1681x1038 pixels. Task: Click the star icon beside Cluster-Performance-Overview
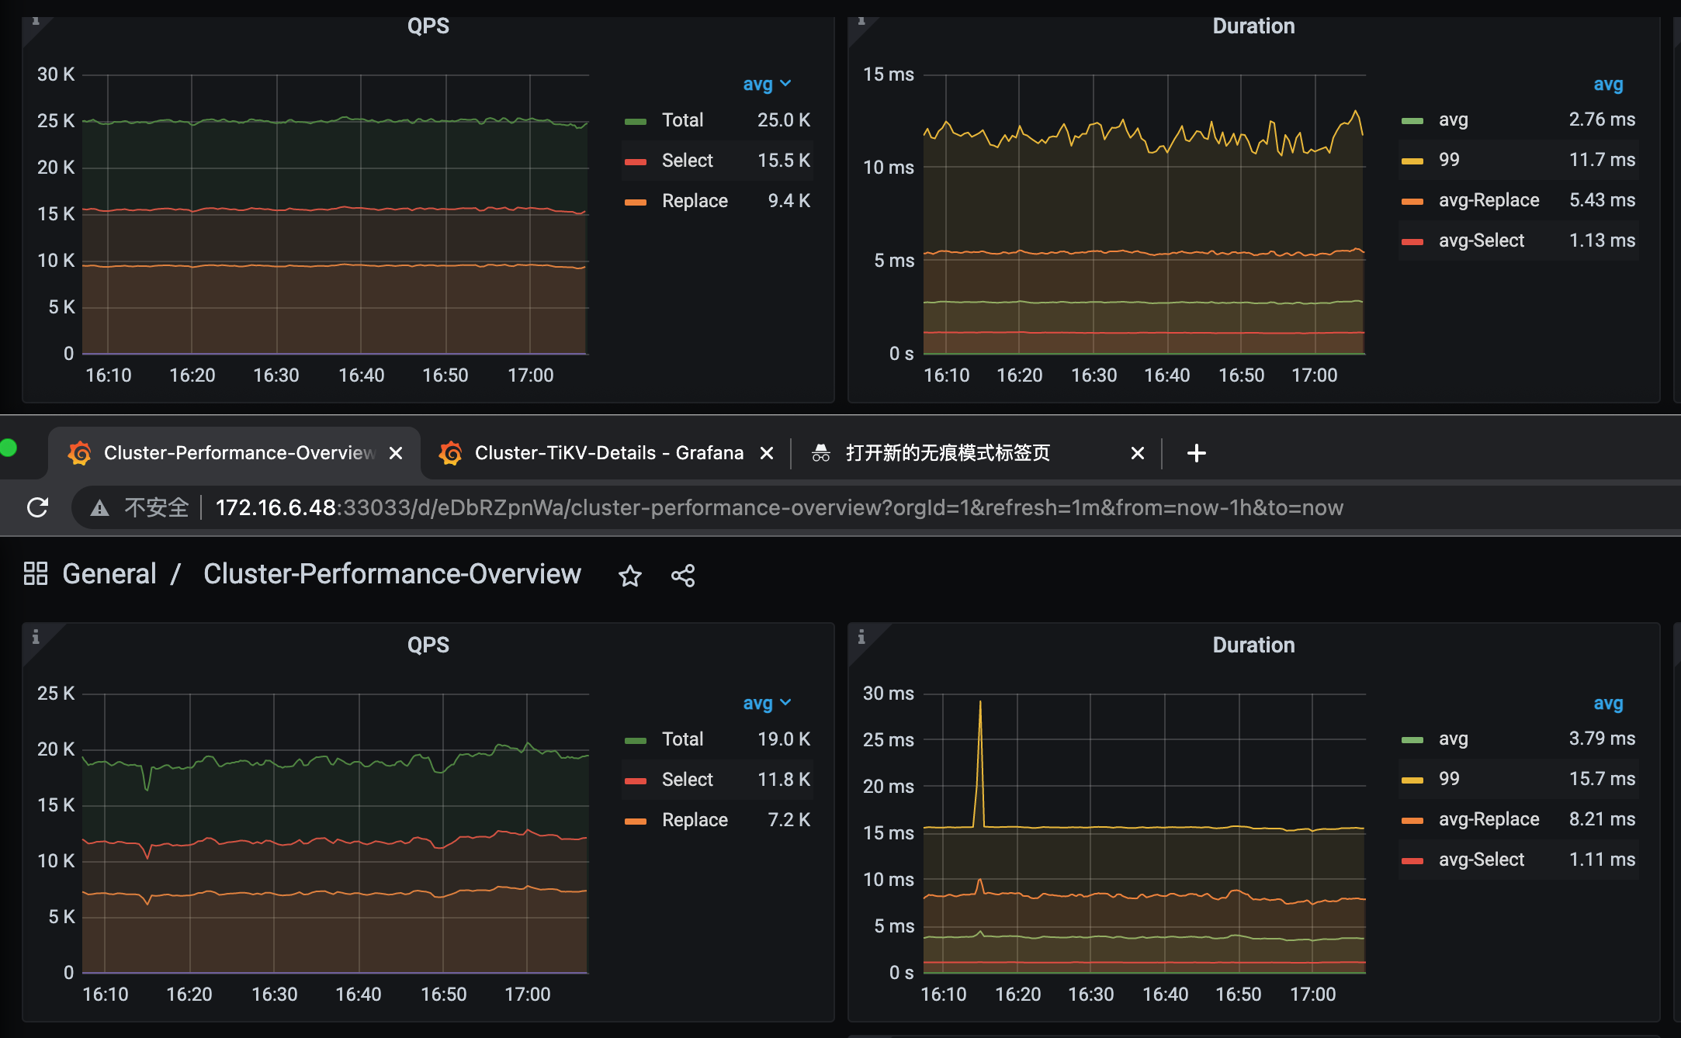(629, 576)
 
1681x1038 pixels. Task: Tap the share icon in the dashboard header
(683, 576)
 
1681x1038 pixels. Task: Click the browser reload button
(37, 507)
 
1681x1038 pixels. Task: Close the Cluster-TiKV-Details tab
(767, 453)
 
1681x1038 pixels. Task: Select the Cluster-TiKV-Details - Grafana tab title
(608, 453)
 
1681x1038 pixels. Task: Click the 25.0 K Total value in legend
(783, 120)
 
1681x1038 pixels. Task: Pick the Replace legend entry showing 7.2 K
(695, 820)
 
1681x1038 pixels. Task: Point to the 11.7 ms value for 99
(1602, 160)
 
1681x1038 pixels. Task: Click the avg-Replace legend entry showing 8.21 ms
(1489, 819)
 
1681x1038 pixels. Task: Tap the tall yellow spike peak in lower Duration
(980, 703)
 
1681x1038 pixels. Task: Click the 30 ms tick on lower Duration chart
(889, 694)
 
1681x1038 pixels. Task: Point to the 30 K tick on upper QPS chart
(56, 74)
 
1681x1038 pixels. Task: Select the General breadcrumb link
(109, 574)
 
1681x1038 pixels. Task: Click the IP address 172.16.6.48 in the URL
(276, 507)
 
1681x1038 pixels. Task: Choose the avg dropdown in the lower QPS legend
(766, 703)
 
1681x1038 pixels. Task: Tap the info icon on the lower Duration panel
(861, 637)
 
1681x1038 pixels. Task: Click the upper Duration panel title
(1253, 26)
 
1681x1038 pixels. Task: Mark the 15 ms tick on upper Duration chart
(889, 74)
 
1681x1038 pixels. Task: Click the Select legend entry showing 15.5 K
(687, 161)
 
